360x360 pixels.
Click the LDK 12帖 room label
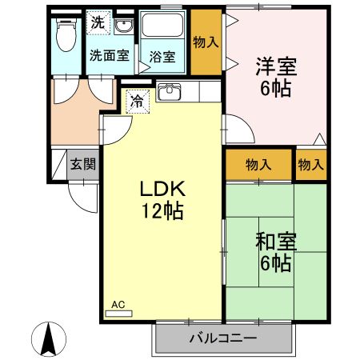tap(163, 201)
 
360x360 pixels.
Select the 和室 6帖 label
tap(274, 250)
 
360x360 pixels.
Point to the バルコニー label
tap(222, 338)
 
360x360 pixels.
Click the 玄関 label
tap(82, 165)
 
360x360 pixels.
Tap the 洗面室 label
tap(108, 56)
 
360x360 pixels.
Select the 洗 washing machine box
tap(97, 22)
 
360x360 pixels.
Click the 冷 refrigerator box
tap(137, 102)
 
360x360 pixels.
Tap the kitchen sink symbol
tap(170, 93)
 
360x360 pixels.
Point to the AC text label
tap(118, 304)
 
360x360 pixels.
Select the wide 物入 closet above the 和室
tap(258, 164)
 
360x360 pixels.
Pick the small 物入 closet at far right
tap(310, 164)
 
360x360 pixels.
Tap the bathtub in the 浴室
tap(164, 30)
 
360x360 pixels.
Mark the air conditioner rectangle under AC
tap(118, 314)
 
